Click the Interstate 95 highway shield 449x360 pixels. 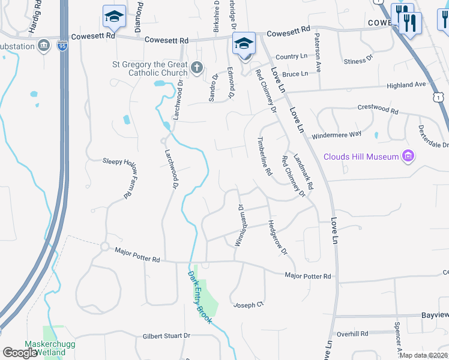[x=62, y=45]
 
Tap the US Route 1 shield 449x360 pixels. [x=440, y=97]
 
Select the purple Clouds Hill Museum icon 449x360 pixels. [x=408, y=157]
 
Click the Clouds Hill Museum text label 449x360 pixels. [x=361, y=157]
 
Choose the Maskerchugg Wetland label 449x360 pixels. [x=45, y=348]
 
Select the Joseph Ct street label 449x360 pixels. [x=249, y=304]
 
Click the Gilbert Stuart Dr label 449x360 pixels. [x=166, y=336]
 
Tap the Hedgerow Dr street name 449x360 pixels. [x=278, y=237]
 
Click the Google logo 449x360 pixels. [x=20, y=352]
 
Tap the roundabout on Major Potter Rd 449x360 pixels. [x=104, y=247]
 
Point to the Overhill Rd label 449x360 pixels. [x=352, y=334]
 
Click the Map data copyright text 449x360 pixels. [x=423, y=355]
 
